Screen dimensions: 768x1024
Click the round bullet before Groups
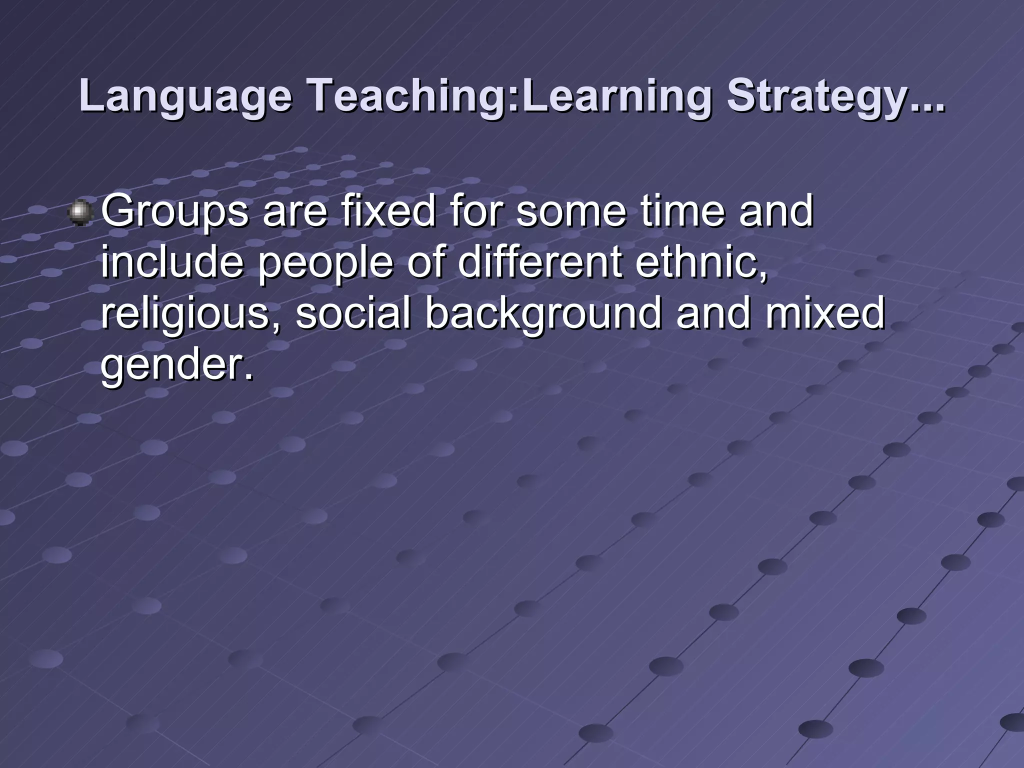pos(79,213)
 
